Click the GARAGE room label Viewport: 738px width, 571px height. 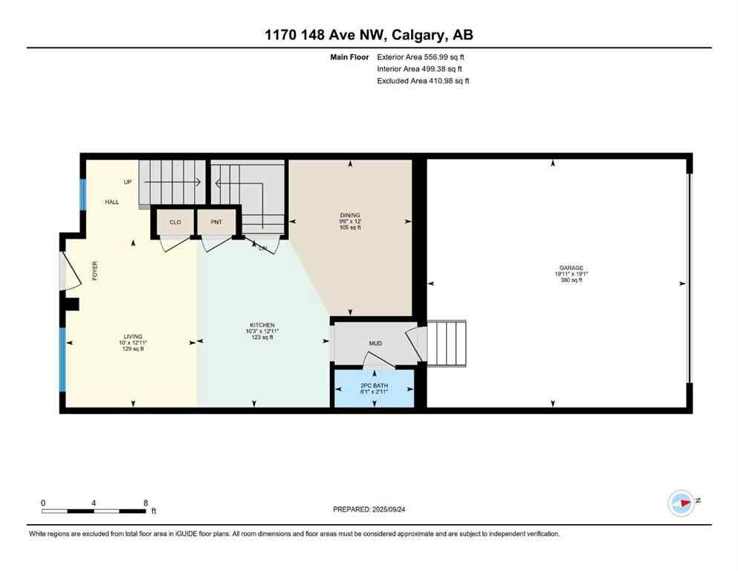point(572,268)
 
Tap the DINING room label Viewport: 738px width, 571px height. point(349,216)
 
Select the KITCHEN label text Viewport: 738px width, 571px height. point(262,325)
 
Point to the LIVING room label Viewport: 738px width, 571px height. point(134,336)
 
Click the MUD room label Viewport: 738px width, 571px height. point(375,344)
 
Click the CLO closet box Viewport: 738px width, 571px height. point(175,222)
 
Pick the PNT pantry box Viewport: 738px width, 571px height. point(216,222)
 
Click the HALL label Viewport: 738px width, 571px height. point(111,201)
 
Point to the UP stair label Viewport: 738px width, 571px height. point(128,181)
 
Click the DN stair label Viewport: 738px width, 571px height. point(262,248)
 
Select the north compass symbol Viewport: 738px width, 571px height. point(682,503)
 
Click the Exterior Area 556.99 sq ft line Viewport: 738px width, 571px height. point(421,57)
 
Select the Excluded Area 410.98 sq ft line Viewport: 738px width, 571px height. point(423,81)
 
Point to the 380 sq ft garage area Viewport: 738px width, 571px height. point(572,281)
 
